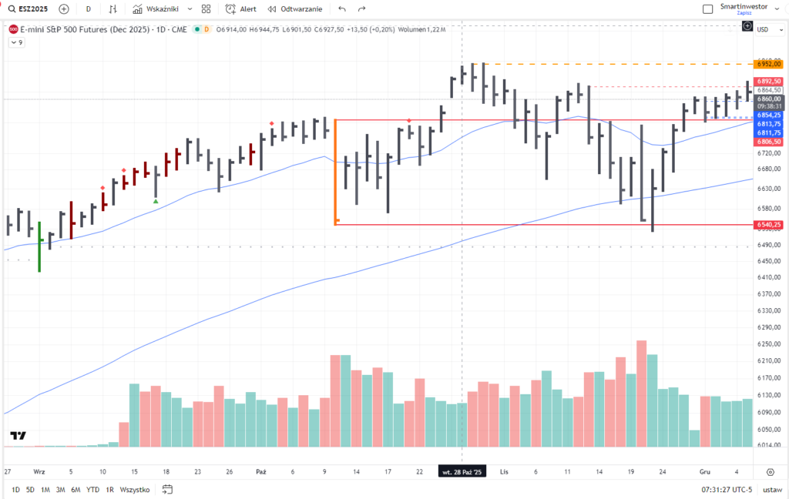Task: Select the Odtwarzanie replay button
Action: click(295, 9)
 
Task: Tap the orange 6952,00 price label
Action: click(769, 65)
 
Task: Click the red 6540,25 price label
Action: click(769, 225)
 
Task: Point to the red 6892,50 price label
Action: click(769, 81)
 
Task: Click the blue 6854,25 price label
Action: click(769, 115)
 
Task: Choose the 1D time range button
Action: click(15, 489)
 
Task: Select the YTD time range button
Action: click(92, 489)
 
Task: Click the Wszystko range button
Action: click(136, 489)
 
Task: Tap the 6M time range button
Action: click(76, 489)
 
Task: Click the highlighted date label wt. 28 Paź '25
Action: click(462, 471)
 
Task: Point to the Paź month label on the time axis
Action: click(260, 471)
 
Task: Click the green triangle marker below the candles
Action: click(156, 202)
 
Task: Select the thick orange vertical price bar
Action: click(336, 171)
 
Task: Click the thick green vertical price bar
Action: click(39, 246)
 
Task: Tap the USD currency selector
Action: click(763, 29)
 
